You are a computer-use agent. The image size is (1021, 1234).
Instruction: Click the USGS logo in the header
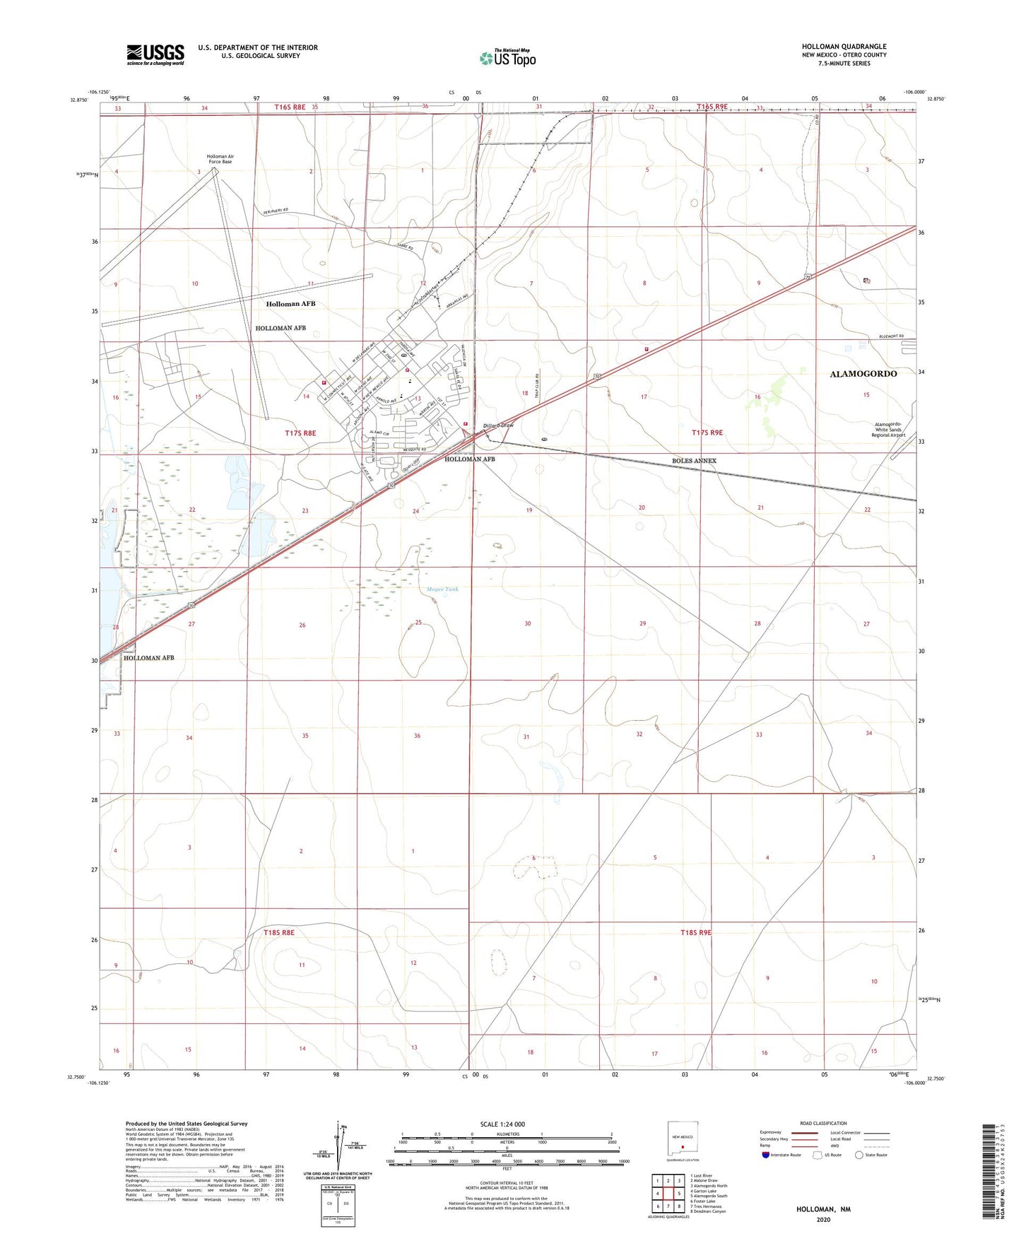click(x=155, y=54)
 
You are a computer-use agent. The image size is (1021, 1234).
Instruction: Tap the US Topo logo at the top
click(x=507, y=58)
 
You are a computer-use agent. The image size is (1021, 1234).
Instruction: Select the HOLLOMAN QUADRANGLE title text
click(x=844, y=47)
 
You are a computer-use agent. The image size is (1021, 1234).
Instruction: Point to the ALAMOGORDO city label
click(x=863, y=374)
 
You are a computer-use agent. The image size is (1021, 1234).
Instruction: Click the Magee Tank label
click(x=442, y=589)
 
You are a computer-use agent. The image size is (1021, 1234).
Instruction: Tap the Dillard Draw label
click(x=498, y=425)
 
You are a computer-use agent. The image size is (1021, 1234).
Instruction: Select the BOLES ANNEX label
click(x=694, y=461)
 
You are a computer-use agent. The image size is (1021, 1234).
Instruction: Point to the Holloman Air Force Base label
click(x=220, y=159)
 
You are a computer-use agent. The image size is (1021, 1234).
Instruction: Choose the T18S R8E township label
click(x=278, y=932)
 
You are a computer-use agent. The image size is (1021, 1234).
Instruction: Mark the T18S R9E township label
click(x=695, y=932)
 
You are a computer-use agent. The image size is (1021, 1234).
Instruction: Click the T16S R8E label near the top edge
click(x=290, y=107)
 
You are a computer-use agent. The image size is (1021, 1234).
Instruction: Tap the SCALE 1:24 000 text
click(x=502, y=1124)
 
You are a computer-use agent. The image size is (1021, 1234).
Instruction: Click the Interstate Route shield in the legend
click(x=767, y=1155)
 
